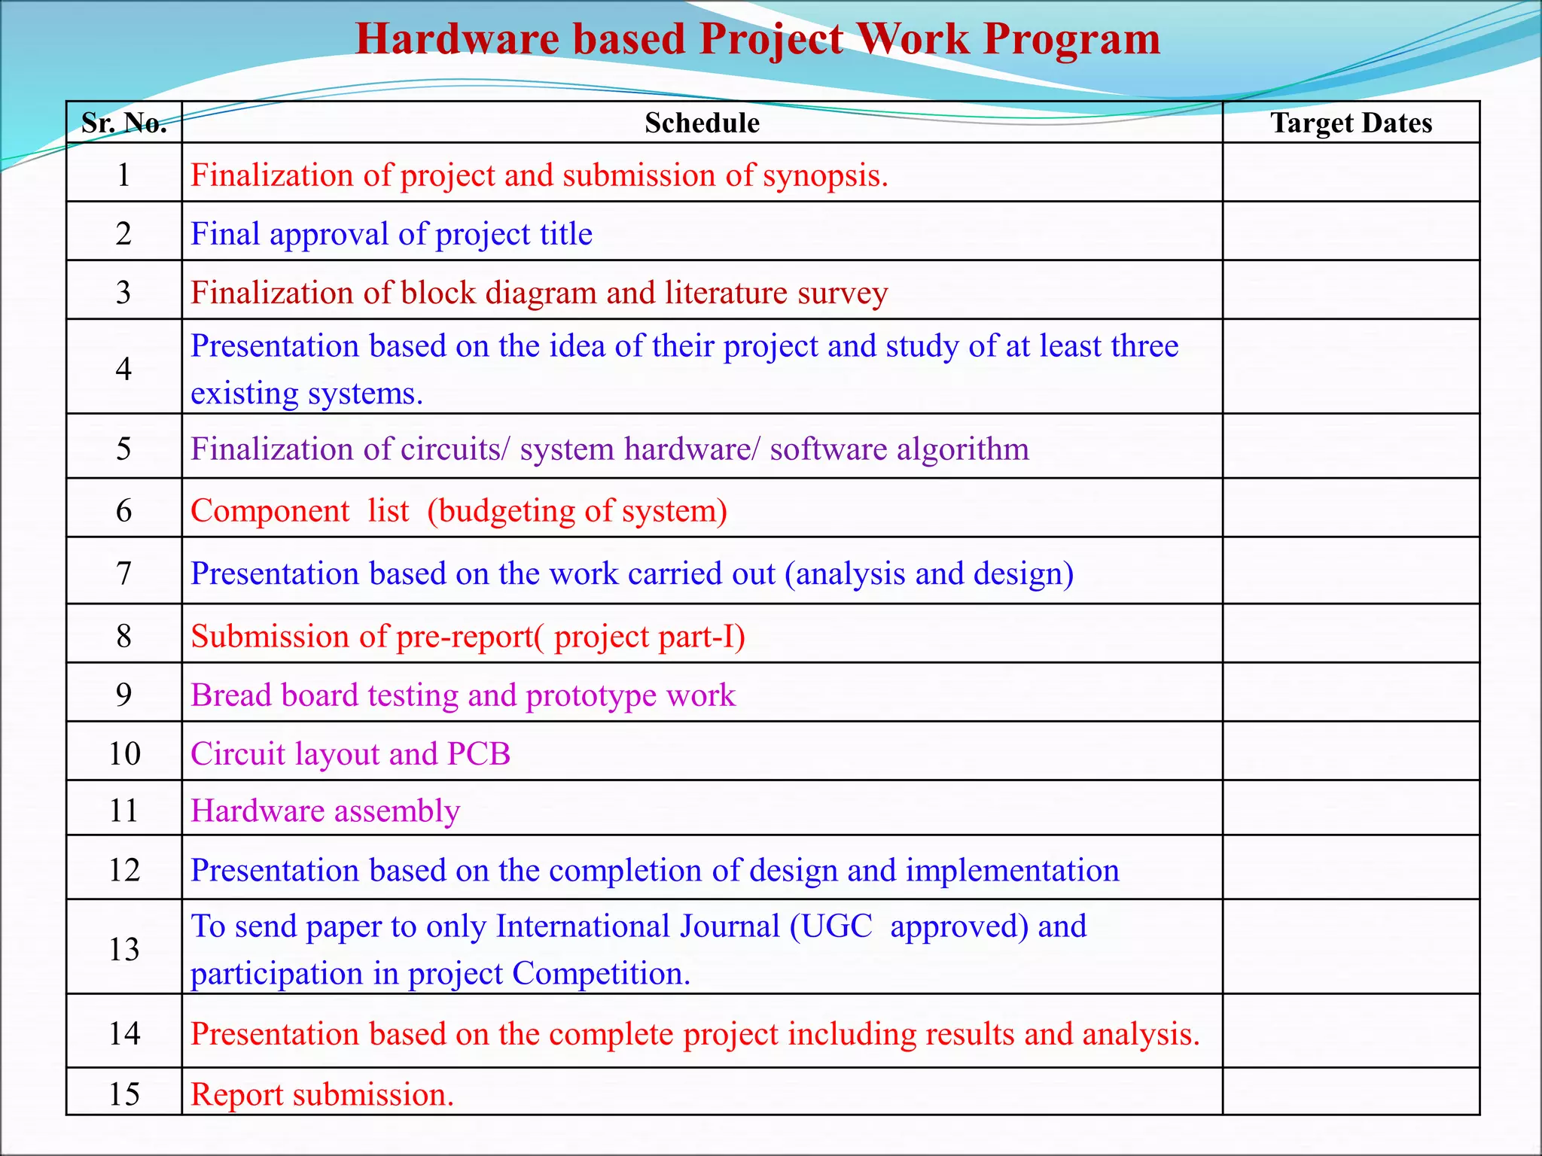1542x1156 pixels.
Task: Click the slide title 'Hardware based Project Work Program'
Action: click(x=757, y=39)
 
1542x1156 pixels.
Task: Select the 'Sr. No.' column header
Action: click(x=124, y=123)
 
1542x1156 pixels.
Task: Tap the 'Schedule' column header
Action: click(x=702, y=123)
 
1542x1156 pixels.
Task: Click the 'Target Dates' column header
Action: click(x=1351, y=123)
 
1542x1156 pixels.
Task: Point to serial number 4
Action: click(x=124, y=368)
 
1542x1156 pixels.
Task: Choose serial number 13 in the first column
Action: click(x=124, y=949)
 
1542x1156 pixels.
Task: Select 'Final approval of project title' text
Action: click(x=392, y=234)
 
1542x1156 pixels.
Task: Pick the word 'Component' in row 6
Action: click(x=270, y=511)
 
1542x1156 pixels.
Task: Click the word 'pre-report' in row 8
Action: click(x=465, y=637)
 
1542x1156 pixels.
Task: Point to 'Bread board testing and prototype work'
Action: click(x=463, y=695)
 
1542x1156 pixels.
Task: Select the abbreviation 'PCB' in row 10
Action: click(x=479, y=754)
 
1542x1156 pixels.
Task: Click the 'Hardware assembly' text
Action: click(x=325, y=811)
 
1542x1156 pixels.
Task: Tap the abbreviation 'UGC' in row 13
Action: click(x=837, y=926)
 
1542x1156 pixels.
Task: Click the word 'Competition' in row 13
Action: click(x=599, y=974)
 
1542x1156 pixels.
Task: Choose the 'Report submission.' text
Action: click(x=322, y=1095)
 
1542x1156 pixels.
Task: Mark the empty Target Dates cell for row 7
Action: click(x=1351, y=571)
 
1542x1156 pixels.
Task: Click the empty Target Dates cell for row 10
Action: click(x=1351, y=751)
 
